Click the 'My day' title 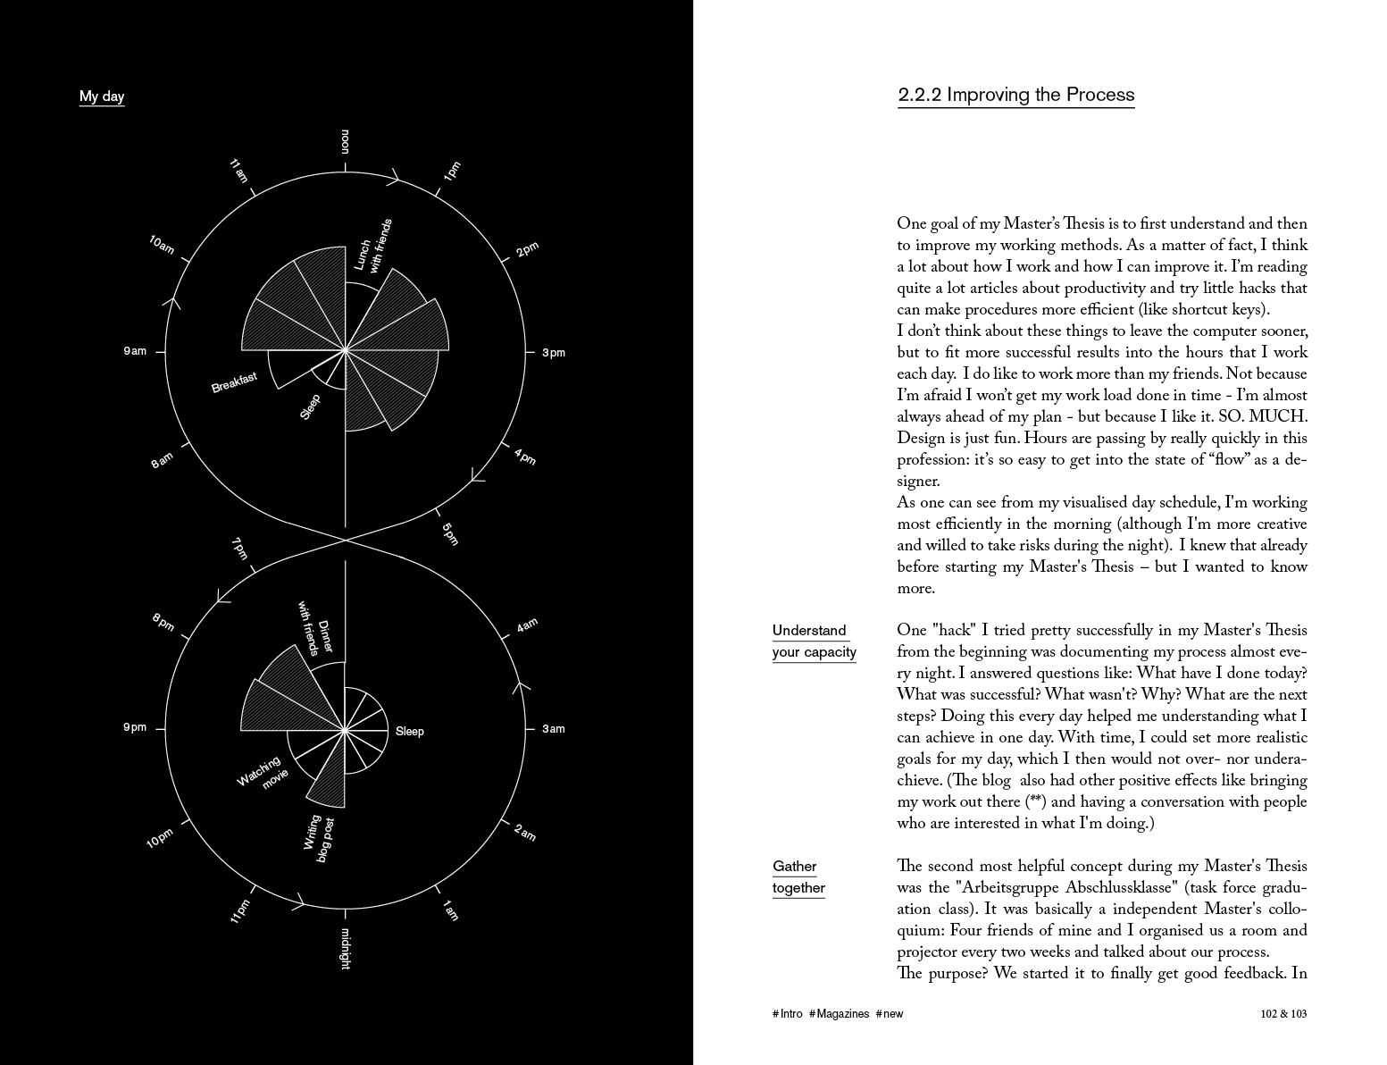(x=102, y=96)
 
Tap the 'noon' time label (x=346, y=141)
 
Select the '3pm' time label (x=554, y=353)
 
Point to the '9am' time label (x=135, y=351)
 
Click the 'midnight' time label (x=346, y=948)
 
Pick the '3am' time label (x=554, y=729)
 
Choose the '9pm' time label (x=135, y=727)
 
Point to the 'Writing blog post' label (x=318, y=838)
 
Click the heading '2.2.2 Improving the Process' (x=1015, y=96)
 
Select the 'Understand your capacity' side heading (x=814, y=642)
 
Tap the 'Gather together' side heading (x=798, y=877)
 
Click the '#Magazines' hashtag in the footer (x=839, y=1014)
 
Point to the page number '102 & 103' (x=1283, y=1014)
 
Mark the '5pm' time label (x=450, y=533)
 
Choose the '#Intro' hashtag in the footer (x=787, y=1014)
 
